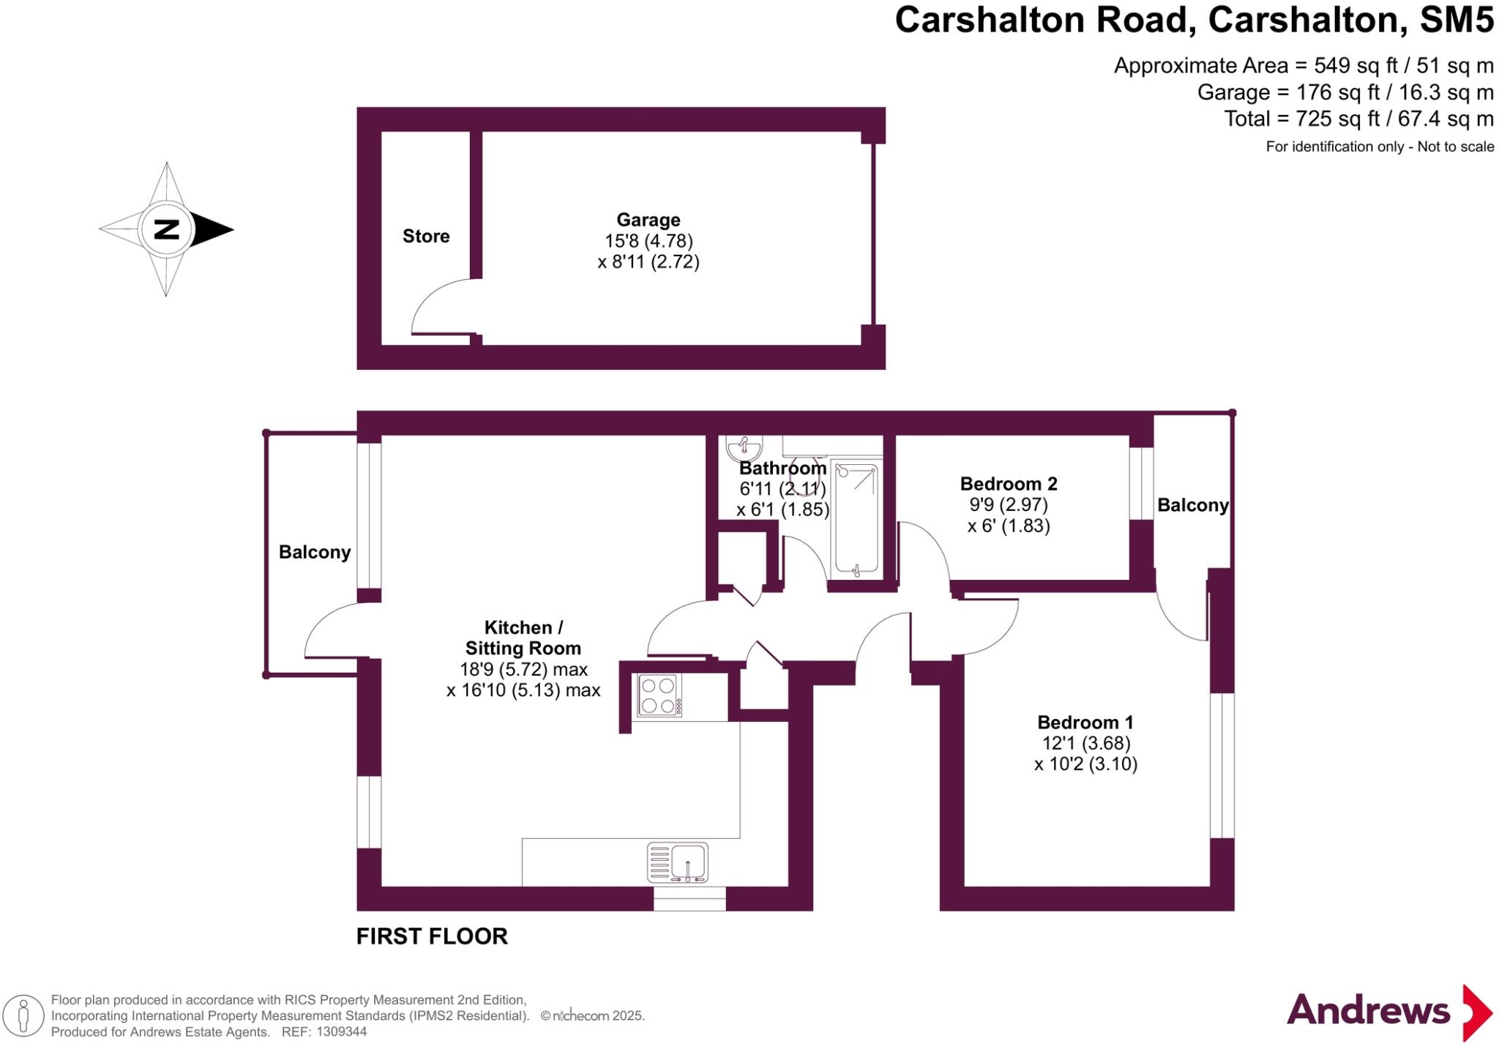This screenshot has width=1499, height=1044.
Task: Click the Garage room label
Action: click(x=648, y=220)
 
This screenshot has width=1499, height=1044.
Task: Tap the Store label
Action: click(x=426, y=236)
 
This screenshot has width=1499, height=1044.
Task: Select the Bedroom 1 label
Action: click(x=1085, y=722)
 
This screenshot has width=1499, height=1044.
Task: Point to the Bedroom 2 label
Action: click(x=1009, y=483)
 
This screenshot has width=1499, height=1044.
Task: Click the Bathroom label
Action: click(x=782, y=468)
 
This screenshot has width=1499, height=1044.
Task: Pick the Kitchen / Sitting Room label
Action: click(x=523, y=638)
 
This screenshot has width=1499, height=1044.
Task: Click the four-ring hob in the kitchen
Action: click(x=658, y=696)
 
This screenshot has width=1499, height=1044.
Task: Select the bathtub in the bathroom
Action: click(x=856, y=518)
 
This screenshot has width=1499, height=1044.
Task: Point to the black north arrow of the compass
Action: click(x=212, y=229)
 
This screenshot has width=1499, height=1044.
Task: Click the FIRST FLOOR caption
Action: click(x=432, y=936)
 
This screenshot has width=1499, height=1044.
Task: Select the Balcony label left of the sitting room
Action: click(x=315, y=552)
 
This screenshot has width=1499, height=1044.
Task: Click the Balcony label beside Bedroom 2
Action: click(x=1192, y=505)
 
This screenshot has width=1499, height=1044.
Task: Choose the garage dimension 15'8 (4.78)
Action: click(x=648, y=240)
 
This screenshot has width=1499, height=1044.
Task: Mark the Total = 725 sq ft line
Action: click(x=1359, y=118)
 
